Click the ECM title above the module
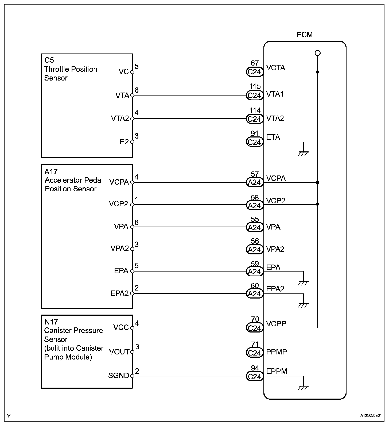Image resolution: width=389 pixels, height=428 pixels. point(304,35)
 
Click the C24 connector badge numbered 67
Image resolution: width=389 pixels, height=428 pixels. point(254,72)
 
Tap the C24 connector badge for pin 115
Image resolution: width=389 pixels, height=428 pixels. point(254,95)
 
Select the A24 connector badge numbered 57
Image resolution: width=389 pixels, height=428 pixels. point(254,182)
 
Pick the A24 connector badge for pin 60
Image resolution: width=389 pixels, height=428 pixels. point(254,294)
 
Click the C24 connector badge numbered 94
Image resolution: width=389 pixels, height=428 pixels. point(254,377)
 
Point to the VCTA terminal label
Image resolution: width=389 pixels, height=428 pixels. point(276,68)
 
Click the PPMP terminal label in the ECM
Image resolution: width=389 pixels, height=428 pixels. point(277,352)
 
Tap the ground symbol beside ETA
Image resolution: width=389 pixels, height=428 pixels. point(304,153)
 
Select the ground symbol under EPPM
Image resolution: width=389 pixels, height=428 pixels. point(304,387)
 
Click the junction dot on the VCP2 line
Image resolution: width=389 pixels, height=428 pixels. point(317,204)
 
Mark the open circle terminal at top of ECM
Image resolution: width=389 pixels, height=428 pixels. point(317,53)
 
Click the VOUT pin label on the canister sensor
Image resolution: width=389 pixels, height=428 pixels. point(119,352)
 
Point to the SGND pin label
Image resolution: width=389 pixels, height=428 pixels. point(119,376)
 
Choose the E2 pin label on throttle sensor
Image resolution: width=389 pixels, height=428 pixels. point(124,142)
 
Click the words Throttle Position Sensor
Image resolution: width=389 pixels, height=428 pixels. point(71,74)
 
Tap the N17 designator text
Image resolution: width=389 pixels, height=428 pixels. point(51,322)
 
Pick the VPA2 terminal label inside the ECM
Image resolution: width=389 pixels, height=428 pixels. point(275,249)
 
